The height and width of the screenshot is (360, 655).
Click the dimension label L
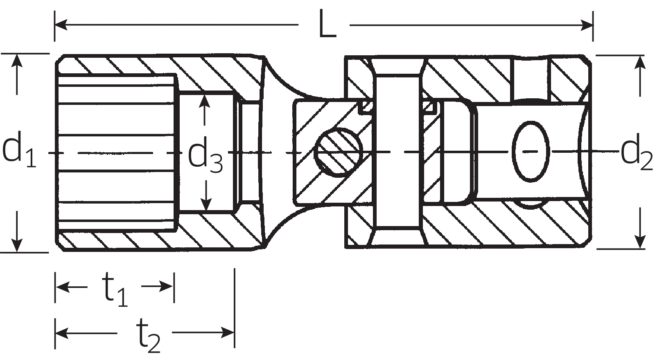[x=327, y=24]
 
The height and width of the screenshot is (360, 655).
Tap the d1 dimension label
[x=19, y=149]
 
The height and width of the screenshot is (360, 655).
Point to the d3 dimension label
[x=205, y=155]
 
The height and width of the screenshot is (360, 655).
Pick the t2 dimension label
[x=148, y=335]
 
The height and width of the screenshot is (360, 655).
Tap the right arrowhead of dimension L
[x=586, y=25]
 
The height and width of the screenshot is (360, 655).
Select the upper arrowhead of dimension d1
[x=17, y=61]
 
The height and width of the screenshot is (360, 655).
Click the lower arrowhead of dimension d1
[x=17, y=245]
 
